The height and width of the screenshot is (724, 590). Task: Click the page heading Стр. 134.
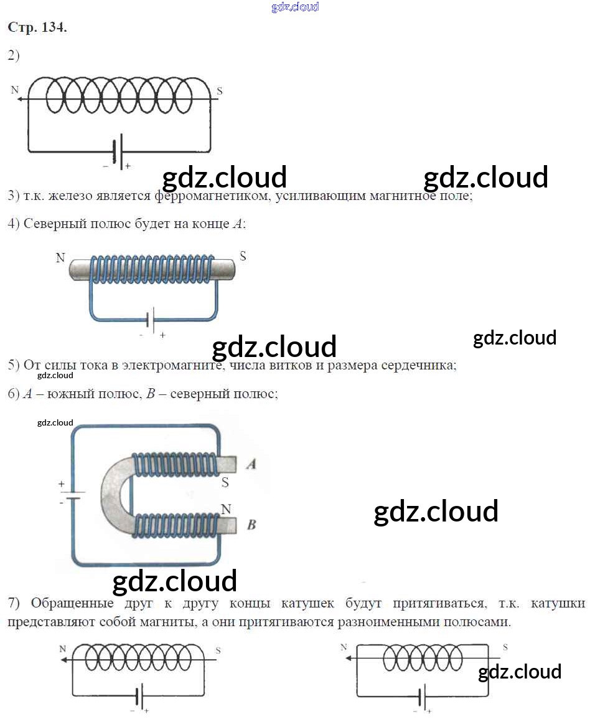point(37,28)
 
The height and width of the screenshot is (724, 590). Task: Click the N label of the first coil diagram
point(15,90)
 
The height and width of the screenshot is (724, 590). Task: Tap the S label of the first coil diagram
point(219,91)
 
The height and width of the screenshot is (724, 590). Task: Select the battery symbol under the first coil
point(118,150)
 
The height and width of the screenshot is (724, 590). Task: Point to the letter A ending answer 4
point(237,224)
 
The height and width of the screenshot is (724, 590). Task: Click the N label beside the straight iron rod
point(60,258)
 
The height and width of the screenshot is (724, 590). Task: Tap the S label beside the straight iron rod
point(243,256)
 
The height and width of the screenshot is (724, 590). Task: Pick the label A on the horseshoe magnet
point(251,464)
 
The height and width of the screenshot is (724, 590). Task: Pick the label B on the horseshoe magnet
point(251,525)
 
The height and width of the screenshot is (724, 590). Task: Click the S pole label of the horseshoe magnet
point(225,482)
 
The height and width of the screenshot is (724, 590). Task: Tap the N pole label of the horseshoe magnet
point(225,509)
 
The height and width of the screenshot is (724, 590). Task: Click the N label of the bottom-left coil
point(62,649)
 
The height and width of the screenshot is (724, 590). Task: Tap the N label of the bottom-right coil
point(344,647)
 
